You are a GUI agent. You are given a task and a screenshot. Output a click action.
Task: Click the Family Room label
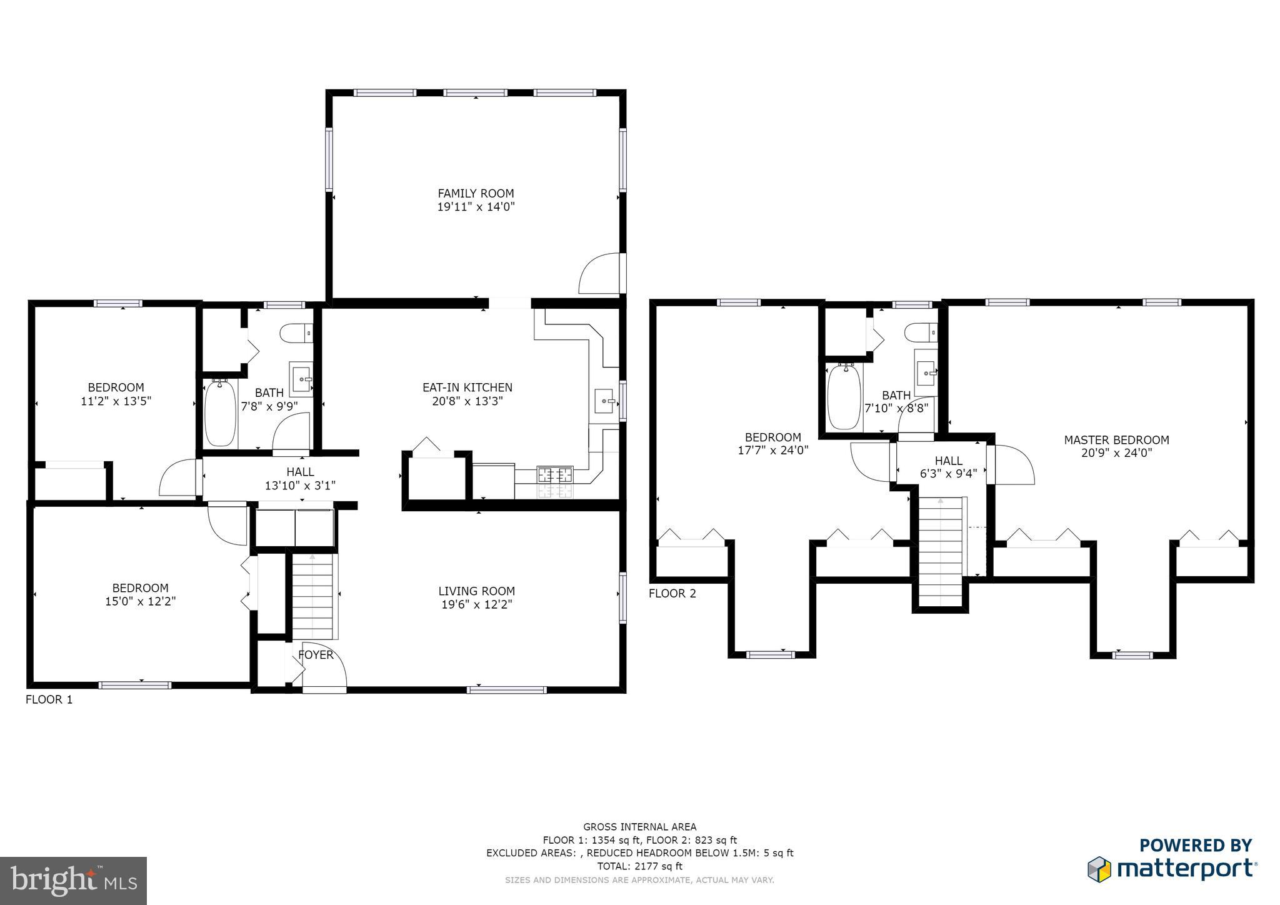[476, 194]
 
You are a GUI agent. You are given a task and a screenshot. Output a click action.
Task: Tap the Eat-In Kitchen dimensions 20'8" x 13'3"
[467, 401]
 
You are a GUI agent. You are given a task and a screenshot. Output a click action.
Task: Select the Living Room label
[476, 591]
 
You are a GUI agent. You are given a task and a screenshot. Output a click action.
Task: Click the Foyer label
[316, 655]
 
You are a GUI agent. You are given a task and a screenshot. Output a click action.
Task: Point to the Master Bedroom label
[1116, 440]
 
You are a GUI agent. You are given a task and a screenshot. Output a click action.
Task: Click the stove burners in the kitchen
[555, 474]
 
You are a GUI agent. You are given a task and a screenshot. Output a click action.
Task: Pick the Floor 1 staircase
[312, 597]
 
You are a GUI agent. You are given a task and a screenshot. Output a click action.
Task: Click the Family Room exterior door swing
[601, 273]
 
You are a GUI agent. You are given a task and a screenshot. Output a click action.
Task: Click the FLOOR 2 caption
[672, 593]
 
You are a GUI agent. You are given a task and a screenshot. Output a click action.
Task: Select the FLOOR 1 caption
[49, 699]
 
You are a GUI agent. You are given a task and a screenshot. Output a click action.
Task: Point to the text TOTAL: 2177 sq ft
[640, 866]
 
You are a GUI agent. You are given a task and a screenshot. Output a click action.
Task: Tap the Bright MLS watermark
[74, 881]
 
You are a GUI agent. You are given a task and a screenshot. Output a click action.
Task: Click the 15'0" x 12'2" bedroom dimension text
[141, 602]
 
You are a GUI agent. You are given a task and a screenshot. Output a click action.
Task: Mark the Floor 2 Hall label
[948, 461]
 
